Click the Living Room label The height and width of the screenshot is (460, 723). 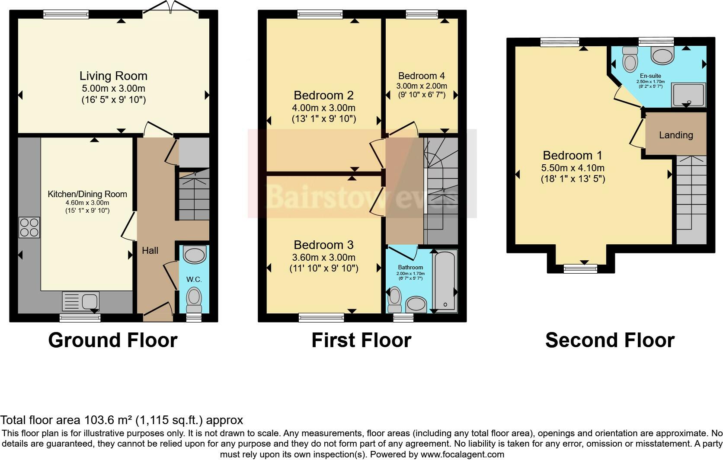click(113, 76)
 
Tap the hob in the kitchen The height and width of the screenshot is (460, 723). click(29, 227)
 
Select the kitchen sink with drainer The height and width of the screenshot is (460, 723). click(80, 301)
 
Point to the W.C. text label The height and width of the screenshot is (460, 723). click(194, 280)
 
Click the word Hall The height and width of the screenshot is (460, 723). click(150, 250)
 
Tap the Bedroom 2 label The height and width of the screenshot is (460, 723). click(324, 96)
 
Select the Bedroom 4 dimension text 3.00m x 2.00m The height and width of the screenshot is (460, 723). click(422, 86)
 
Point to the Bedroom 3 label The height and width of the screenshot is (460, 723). click(324, 245)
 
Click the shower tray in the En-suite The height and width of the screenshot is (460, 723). click(688, 95)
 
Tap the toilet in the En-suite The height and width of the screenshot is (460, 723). click(630, 59)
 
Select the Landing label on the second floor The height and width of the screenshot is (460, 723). click(676, 135)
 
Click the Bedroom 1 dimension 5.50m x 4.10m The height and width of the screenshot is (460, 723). click(573, 168)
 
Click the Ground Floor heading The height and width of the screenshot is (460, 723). click(113, 340)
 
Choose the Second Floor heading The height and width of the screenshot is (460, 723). click(610, 340)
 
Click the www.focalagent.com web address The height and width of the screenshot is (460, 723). click(462, 454)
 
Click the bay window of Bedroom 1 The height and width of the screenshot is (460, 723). click(580, 268)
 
